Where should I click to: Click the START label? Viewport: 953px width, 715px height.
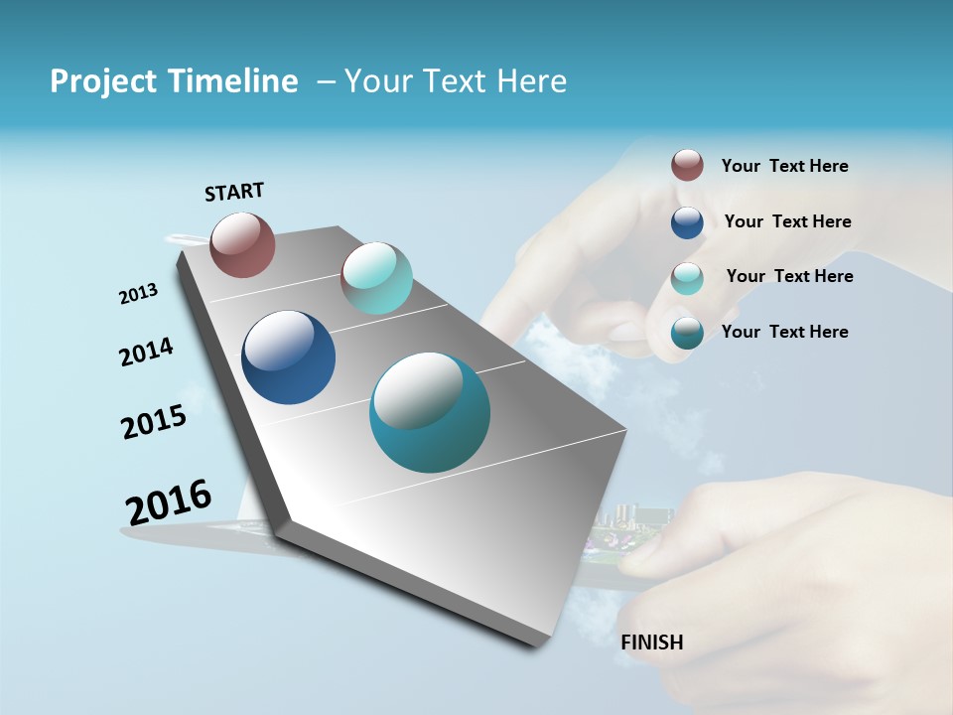coord(234,191)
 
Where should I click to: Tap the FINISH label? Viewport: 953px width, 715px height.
coord(652,643)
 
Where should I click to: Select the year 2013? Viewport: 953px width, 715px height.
coord(138,294)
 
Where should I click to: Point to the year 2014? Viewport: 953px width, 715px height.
coord(146,353)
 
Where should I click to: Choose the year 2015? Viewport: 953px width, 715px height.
coord(154,422)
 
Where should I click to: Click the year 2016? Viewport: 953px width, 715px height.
coord(169,502)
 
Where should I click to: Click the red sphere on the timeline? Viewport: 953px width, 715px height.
coord(242,244)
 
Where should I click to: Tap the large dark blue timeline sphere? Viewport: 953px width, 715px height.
coord(288,357)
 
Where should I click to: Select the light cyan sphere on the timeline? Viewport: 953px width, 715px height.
coord(376,278)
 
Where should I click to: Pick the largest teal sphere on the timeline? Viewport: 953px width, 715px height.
coord(429,412)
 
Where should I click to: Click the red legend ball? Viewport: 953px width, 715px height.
coord(687,165)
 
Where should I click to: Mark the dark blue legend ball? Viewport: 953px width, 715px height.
coord(687,222)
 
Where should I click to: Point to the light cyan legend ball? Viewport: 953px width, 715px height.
coord(687,278)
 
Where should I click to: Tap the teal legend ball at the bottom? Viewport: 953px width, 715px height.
coord(687,333)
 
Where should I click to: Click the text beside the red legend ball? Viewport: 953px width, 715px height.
coord(784,166)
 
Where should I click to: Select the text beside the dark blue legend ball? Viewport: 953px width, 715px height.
coord(787,221)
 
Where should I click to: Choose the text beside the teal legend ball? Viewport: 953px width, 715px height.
coord(784,332)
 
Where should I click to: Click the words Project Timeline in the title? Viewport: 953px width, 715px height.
coord(174,81)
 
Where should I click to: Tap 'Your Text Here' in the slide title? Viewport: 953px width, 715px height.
coord(455,81)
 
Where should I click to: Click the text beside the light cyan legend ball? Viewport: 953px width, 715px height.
coord(789,276)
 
